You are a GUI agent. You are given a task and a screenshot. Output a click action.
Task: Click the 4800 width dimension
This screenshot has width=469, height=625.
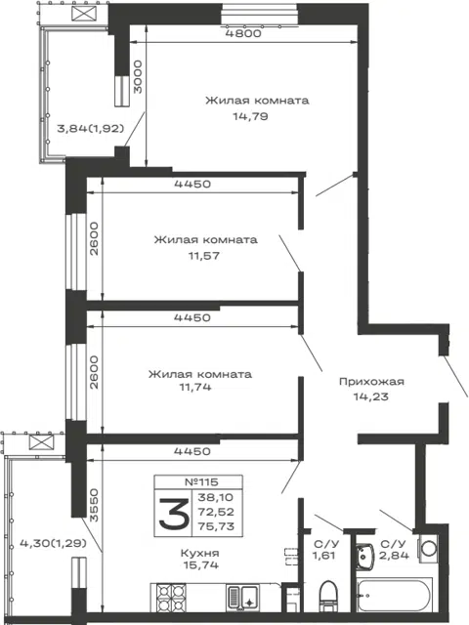(x=243, y=33)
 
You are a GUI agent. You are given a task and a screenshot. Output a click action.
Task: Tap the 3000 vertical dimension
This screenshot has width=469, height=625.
(x=138, y=77)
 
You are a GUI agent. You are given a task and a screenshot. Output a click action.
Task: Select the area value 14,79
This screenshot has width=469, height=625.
(x=250, y=116)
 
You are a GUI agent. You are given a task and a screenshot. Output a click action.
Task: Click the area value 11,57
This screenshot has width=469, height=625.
(x=204, y=256)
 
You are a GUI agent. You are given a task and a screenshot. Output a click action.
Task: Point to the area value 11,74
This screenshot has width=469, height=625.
(x=195, y=387)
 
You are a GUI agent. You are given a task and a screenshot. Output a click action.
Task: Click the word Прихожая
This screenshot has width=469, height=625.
(x=371, y=382)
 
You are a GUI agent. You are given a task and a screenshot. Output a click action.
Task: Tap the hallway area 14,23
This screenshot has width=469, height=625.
(x=371, y=396)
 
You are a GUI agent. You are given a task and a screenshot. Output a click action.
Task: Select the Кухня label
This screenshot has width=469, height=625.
(x=199, y=554)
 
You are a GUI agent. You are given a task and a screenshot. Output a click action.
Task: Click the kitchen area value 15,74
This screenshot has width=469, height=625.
(x=201, y=564)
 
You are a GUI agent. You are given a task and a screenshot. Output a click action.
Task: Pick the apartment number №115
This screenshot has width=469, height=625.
(x=202, y=481)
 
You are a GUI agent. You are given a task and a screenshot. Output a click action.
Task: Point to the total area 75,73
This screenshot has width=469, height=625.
(x=216, y=526)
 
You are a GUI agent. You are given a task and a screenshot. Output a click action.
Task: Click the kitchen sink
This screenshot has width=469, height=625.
(x=243, y=598)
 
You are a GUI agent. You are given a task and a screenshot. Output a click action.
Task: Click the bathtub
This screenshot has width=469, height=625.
(x=395, y=595)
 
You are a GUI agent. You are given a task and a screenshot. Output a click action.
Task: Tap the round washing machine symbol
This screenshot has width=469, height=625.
(x=428, y=547)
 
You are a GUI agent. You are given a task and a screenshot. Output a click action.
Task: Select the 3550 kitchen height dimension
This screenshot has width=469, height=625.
(x=94, y=505)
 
